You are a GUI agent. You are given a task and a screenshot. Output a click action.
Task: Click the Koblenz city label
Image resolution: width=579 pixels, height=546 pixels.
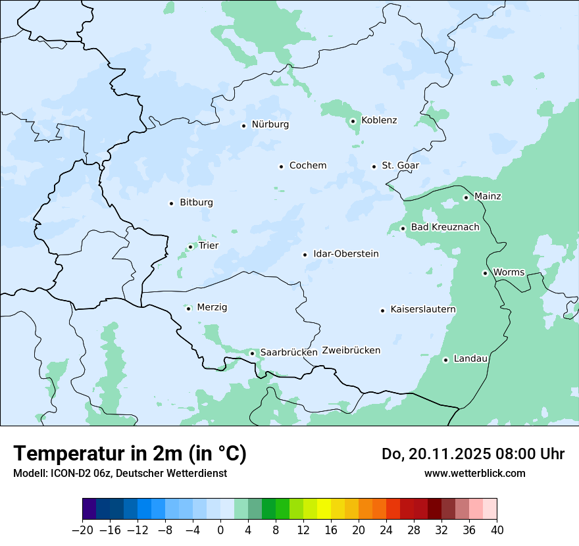(379, 120)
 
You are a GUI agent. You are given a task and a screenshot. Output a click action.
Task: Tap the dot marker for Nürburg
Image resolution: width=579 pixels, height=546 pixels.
(243, 125)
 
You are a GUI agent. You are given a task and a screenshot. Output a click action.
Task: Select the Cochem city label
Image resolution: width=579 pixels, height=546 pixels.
(308, 166)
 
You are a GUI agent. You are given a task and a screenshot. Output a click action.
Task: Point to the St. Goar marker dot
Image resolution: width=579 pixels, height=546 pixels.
(374, 166)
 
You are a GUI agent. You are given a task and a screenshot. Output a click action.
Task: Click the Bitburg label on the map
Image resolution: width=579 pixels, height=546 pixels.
(196, 203)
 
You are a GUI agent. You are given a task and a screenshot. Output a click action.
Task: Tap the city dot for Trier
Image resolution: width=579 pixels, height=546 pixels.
(190, 247)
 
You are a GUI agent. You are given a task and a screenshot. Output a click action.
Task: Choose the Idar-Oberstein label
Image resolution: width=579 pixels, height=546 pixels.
(346, 254)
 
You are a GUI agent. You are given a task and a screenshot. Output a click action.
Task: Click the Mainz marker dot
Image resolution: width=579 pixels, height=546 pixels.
(466, 197)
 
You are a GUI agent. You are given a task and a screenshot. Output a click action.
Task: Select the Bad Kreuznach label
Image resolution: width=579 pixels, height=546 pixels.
(445, 228)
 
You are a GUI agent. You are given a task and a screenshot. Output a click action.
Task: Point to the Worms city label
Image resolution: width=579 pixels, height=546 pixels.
(509, 272)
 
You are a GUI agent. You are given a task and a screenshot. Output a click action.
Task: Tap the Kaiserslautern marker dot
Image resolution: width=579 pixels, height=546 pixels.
(382, 310)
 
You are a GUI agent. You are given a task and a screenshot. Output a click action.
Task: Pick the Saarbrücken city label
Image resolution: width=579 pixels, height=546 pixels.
(289, 353)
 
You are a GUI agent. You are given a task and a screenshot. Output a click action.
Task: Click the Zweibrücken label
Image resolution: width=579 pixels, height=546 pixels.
(351, 351)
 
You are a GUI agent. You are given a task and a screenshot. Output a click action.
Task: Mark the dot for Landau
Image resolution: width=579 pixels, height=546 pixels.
(445, 360)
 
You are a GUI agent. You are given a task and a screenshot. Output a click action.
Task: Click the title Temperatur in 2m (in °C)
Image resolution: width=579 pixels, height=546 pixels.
(130, 454)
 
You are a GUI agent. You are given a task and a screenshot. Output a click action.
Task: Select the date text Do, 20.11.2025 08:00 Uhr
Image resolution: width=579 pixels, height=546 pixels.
(472, 454)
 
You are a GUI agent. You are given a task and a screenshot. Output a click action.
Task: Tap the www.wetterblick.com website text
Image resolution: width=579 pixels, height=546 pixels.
(474, 473)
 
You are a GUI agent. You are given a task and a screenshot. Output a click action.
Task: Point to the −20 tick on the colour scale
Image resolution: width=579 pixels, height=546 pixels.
(83, 530)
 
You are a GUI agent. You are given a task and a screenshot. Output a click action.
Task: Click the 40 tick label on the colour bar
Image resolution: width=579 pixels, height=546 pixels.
(497, 530)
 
